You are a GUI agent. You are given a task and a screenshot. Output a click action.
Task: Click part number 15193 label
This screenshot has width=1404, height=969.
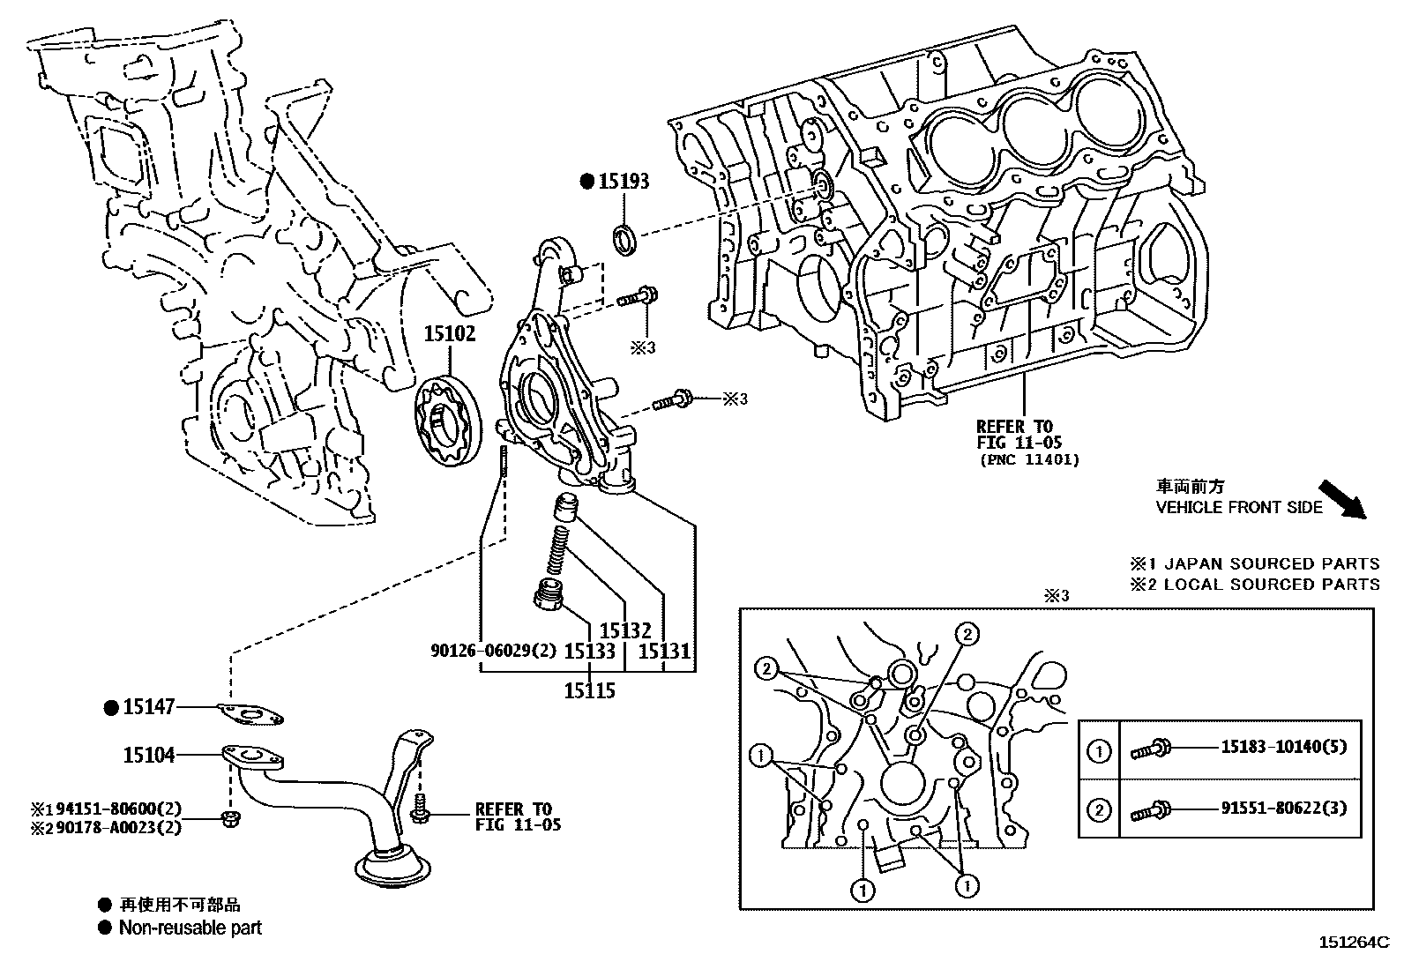click(624, 182)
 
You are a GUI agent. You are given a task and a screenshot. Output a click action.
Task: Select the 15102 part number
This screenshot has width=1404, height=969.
click(449, 334)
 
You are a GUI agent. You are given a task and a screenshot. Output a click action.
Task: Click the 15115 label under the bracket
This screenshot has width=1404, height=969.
click(590, 690)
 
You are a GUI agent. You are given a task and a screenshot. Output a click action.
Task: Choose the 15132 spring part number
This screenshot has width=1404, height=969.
click(624, 631)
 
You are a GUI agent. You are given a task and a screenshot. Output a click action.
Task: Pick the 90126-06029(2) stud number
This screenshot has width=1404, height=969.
click(494, 652)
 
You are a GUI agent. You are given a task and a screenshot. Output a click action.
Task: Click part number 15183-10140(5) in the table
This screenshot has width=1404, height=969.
click(1283, 748)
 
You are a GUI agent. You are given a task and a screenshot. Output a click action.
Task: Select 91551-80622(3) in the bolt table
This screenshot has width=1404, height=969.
click(1283, 809)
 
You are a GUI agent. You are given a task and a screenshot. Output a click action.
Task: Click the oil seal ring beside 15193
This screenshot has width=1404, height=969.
click(626, 240)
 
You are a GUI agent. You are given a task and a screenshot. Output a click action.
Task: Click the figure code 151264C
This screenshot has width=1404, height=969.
click(1354, 942)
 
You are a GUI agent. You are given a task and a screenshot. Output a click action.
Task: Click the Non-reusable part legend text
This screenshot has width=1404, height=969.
click(190, 928)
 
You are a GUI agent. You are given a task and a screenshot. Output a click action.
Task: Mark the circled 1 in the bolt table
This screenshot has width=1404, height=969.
click(1099, 751)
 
